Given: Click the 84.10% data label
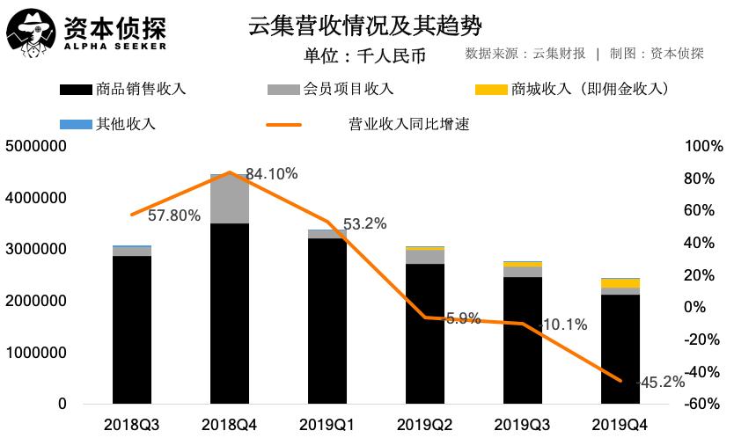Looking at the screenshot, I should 271,174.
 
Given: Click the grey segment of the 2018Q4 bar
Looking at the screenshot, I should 229,200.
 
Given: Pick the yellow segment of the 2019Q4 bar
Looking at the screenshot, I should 621,283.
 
